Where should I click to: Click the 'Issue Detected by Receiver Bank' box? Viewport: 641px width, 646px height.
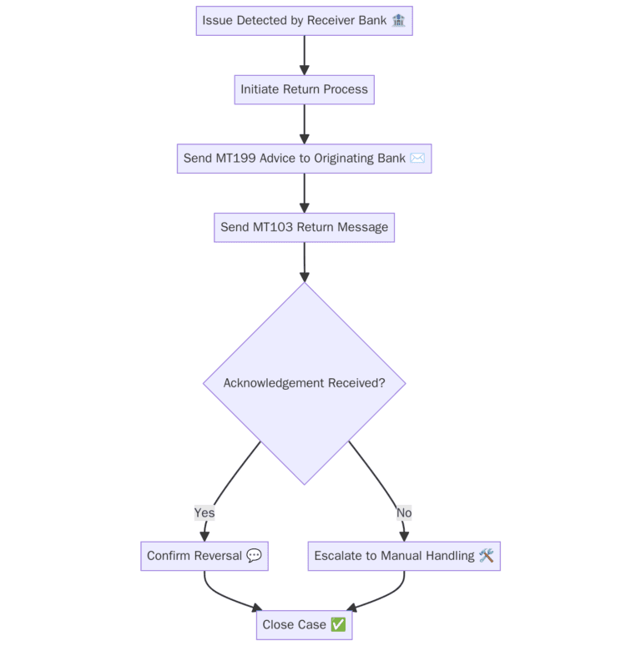(304, 21)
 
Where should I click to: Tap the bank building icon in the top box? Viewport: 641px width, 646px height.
(398, 21)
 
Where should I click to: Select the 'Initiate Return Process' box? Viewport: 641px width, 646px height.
(304, 89)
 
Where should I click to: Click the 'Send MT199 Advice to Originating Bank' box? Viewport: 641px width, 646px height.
(304, 159)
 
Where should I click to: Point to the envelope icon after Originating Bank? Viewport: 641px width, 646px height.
(417, 159)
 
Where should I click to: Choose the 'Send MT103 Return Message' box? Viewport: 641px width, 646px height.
(304, 227)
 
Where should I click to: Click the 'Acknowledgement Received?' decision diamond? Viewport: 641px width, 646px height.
(304, 383)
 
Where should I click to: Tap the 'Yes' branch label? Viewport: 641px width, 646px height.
(204, 512)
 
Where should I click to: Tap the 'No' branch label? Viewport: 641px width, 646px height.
(404, 512)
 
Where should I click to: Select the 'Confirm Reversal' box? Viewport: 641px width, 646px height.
(204, 556)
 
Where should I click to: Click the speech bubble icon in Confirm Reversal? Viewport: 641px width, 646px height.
(255, 556)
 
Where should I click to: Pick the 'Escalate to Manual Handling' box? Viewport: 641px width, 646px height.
(404, 556)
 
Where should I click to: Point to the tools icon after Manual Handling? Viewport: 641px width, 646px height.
(487, 556)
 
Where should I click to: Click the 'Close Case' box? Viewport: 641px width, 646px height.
(304, 625)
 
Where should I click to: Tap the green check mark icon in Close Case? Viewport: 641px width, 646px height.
(338, 625)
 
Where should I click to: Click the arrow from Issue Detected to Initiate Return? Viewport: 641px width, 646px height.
(304, 54)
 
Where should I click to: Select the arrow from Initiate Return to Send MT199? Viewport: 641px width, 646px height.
(304, 124)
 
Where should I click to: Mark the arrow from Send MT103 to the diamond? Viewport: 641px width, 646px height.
(304, 261)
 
